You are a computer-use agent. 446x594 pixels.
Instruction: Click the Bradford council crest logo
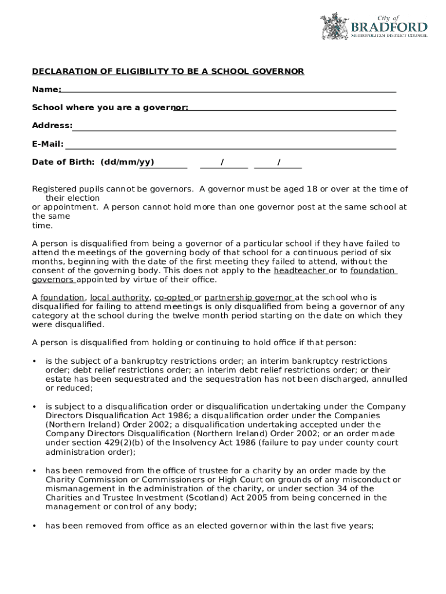(x=334, y=26)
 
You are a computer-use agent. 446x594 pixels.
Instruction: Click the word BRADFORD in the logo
(x=389, y=27)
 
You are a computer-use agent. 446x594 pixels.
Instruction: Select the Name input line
(x=228, y=90)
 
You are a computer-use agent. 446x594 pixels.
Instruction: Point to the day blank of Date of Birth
(x=163, y=165)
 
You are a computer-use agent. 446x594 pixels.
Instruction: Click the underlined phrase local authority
(x=119, y=298)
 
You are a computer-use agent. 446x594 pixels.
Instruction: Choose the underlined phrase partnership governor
(x=248, y=298)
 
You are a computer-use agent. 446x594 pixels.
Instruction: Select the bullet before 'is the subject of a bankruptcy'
(x=34, y=361)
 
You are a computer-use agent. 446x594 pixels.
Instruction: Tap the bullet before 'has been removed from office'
(x=34, y=526)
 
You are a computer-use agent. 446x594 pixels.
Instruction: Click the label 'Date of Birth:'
(x=64, y=162)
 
